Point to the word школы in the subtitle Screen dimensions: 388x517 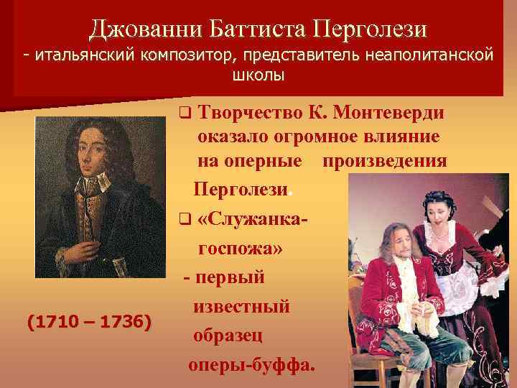(258, 75)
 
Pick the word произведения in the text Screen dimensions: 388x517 (385, 162)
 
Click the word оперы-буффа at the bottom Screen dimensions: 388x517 (251, 364)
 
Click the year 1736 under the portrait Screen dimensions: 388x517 (122, 321)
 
